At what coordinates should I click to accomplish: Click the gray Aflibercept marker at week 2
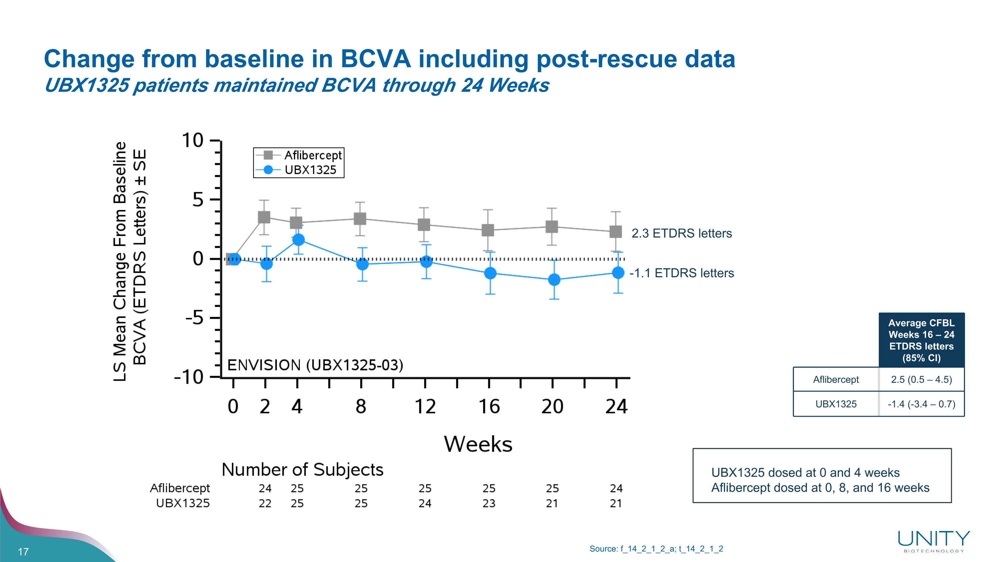click(x=264, y=217)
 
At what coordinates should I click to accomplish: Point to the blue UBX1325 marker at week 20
click(x=554, y=279)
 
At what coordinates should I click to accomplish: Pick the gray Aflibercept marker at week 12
click(x=424, y=225)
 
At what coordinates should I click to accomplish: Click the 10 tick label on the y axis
click(x=193, y=140)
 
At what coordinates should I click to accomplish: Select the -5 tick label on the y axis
click(x=194, y=318)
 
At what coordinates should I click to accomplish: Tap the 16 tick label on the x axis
click(x=489, y=406)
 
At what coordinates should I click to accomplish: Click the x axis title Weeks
click(x=478, y=444)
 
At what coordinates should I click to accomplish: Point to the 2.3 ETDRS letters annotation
click(x=681, y=234)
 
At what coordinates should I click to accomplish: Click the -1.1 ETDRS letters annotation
click(x=681, y=273)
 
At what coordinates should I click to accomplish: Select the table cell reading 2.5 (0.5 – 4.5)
click(x=921, y=379)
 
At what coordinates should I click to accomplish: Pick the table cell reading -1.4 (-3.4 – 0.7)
click(x=921, y=404)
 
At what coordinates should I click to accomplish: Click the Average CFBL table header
click(x=921, y=340)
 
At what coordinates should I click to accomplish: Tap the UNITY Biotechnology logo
click(x=933, y=541)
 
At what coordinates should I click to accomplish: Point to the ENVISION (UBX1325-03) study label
click(x=315, y=365)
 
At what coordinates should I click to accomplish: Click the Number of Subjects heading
click(x=302, y=470)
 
